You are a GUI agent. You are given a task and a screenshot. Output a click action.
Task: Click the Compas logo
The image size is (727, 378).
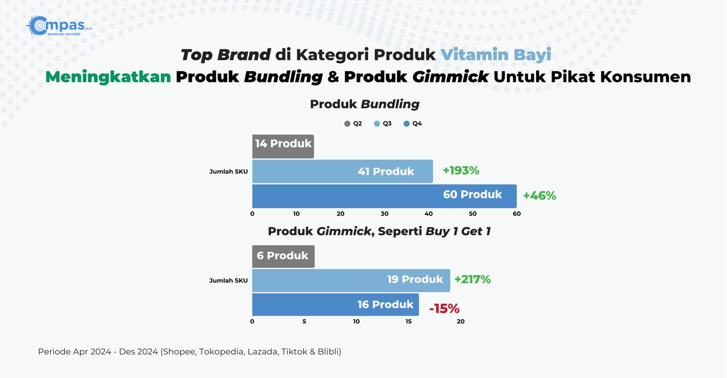[59, 26]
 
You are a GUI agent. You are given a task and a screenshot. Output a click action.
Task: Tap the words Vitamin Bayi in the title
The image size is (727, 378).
[496, 55]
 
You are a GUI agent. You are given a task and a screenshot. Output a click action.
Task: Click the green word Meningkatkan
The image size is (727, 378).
[108, 77]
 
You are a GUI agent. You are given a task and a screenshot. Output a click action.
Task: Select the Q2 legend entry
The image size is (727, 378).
[353, 123]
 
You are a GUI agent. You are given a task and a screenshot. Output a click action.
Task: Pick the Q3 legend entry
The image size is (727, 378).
[383, 123]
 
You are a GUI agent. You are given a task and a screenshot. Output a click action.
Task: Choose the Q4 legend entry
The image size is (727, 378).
[412, 123]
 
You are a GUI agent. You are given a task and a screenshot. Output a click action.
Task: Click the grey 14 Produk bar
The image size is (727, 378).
[283, 147]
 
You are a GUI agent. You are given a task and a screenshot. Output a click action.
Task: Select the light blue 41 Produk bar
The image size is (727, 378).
[342, 171]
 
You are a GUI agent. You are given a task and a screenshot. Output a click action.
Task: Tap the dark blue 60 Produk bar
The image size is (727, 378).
[385, 196]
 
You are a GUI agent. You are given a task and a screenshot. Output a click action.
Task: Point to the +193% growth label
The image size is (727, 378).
[461, 171]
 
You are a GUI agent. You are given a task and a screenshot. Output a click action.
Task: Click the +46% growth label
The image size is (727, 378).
[540, 196]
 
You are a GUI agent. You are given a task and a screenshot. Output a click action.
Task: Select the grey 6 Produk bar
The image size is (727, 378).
[283, 256]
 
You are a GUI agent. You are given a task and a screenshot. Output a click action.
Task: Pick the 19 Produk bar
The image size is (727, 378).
[351, 281]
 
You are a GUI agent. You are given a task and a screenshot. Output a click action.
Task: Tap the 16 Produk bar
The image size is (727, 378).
[335, 305]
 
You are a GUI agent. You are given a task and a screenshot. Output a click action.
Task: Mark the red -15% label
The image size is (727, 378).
[444, 309]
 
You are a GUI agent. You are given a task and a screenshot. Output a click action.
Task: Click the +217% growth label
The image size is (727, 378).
[473, 279]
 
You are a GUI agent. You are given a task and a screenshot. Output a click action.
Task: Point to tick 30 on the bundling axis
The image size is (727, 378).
[385, 214]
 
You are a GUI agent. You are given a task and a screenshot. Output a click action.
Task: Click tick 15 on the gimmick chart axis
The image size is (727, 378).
[408, 322]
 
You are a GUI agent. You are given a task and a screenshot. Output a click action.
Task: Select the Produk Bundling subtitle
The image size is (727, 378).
[365, 104]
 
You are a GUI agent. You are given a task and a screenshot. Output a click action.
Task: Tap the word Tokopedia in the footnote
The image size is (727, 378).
[222, 352]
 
